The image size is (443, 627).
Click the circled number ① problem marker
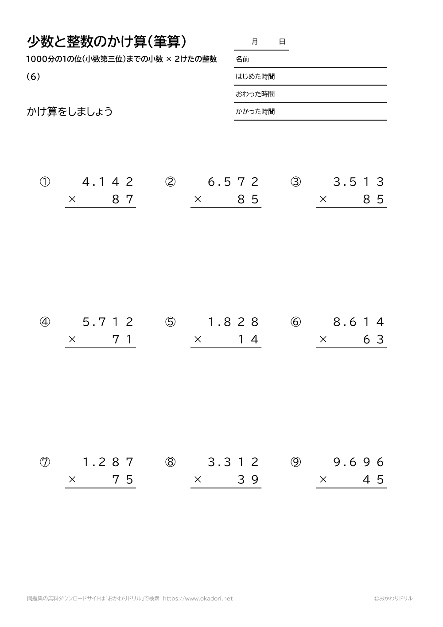pos(45,182)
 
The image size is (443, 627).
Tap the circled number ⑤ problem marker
pos(170,322)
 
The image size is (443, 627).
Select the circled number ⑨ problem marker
pos(295,462)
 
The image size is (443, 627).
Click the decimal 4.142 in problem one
pos(108,182)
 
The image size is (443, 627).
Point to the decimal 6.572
pos(233,182)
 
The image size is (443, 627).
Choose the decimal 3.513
pos(358,182)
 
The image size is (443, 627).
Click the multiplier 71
pos(123,340)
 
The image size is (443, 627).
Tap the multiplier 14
pos(248,340)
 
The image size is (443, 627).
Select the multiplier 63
pos(373,340)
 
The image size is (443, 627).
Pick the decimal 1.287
pos(108,462)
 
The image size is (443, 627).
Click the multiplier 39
pos(248,480)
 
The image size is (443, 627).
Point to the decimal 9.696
pos(358,462)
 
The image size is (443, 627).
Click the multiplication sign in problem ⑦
pos(72,480)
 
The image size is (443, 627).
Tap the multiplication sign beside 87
pos(72,200)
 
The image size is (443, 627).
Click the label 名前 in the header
pos(242,59)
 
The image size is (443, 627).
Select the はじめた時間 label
pos(255,77)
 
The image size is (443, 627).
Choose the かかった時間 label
pos(255,112)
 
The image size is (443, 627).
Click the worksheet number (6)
pos(33,76)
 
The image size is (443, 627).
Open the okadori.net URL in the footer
pos(198,598)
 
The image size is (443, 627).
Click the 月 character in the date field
pos(254,42)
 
